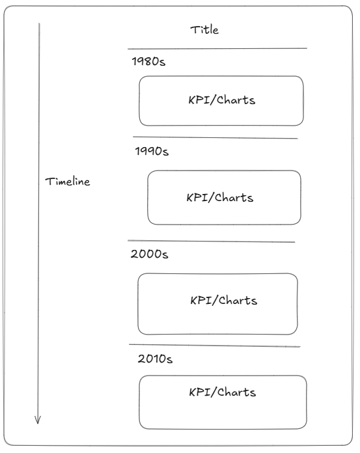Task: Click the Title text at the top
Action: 204,30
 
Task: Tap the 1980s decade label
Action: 148,61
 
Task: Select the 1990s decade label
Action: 152,151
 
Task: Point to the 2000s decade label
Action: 149,254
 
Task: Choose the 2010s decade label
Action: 155,359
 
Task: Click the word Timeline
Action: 68,182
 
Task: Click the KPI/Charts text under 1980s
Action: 222,100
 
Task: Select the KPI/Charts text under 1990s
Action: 220,198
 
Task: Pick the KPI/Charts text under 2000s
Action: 224,301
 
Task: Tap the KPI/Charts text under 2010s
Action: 223,392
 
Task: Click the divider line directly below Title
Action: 217,49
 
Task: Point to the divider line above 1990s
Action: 215,137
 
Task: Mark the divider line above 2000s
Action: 211,241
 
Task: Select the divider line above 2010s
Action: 215,346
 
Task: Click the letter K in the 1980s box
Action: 192,100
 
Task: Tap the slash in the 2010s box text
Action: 214,392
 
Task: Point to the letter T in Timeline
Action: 49,182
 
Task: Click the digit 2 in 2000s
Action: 134,254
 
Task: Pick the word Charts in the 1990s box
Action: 234,198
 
